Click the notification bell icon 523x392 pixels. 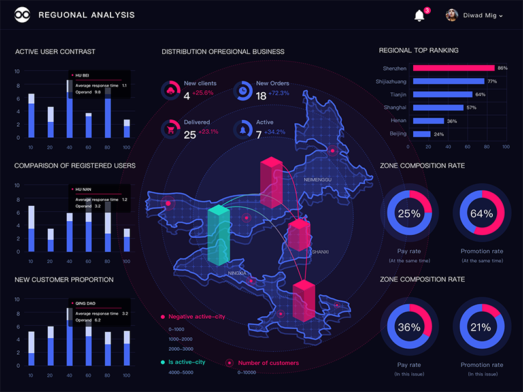(x=419, y=15)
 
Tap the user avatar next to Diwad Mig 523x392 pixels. (x=452, y=15)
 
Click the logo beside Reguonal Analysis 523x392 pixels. (x=23, y=15)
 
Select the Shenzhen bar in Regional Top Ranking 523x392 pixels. (x=452, y=68)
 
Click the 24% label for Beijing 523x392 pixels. (x=439, y=134)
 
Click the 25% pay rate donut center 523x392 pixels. (x=409, y=214)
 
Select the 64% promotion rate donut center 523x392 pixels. (x=481, y=214)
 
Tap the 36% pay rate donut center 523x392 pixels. (x=409, y=327)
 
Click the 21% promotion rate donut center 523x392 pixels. (x=481, y=327)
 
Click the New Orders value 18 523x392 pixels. (x=261, y=96)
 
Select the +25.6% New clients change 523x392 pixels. (x=203, y=93)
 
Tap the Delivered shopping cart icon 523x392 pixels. (x=171, y=129)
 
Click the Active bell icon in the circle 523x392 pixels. (x=243, y=129)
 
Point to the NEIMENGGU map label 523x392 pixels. (x=318, y=178)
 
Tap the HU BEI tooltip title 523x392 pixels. (x=82, y=76)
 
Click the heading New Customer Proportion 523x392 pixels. (x=64, y=280)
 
